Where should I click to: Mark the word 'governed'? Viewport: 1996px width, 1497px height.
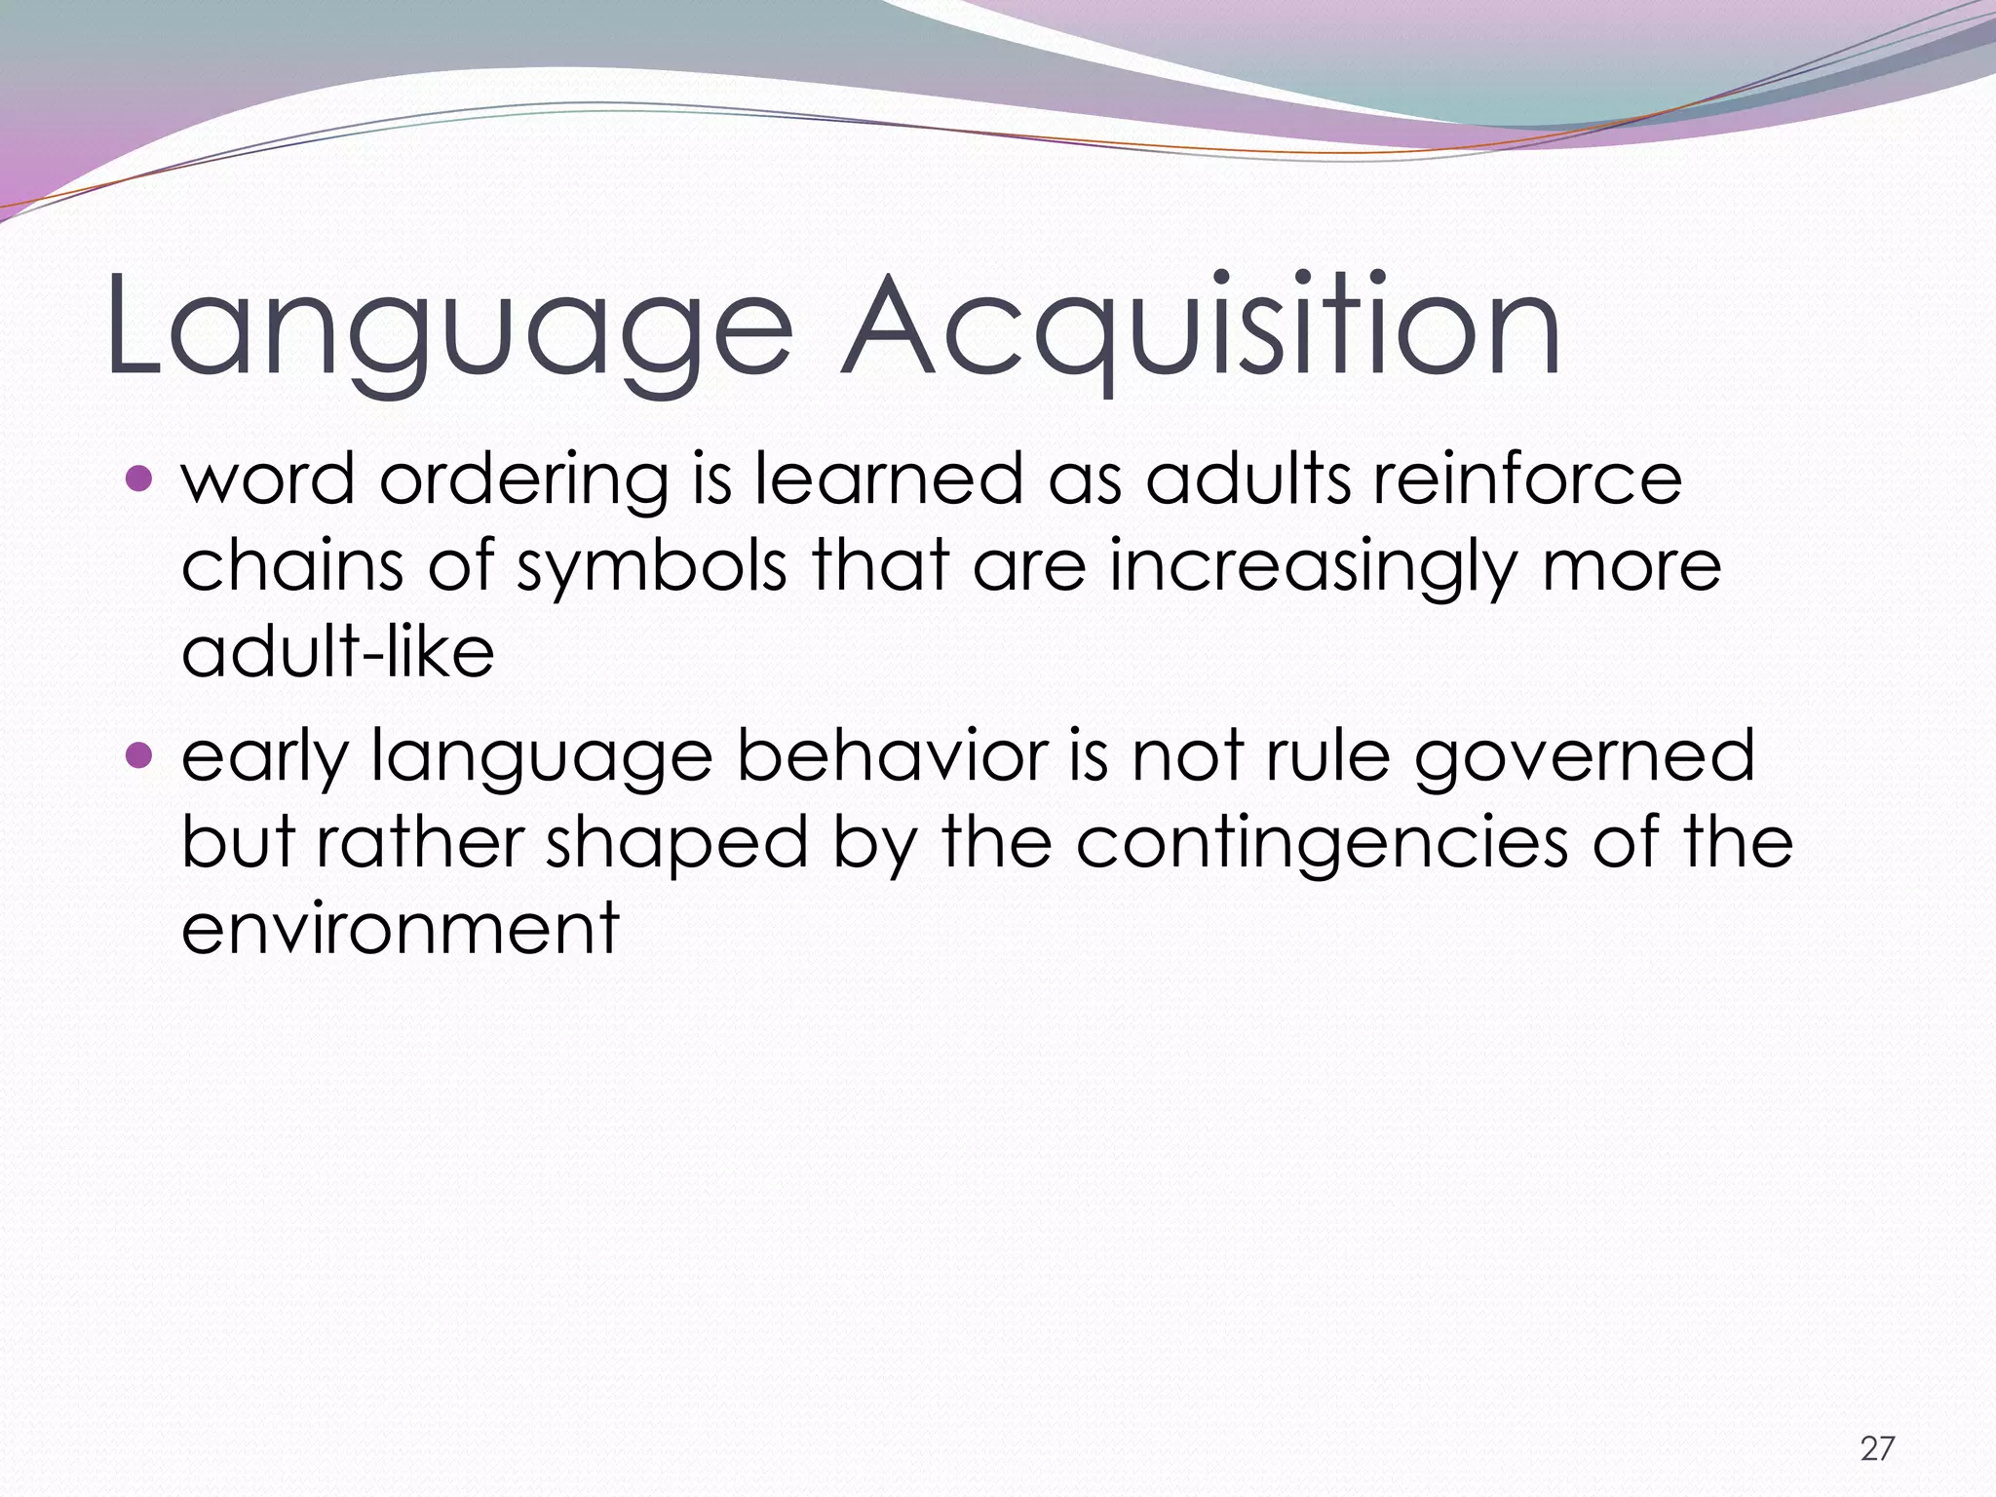coord(1585,758)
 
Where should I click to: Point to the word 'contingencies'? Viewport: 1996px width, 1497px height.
coord(1322,843)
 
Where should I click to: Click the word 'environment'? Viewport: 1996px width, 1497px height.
coord(401,928)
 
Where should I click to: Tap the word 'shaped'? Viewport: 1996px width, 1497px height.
coord(677,843)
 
